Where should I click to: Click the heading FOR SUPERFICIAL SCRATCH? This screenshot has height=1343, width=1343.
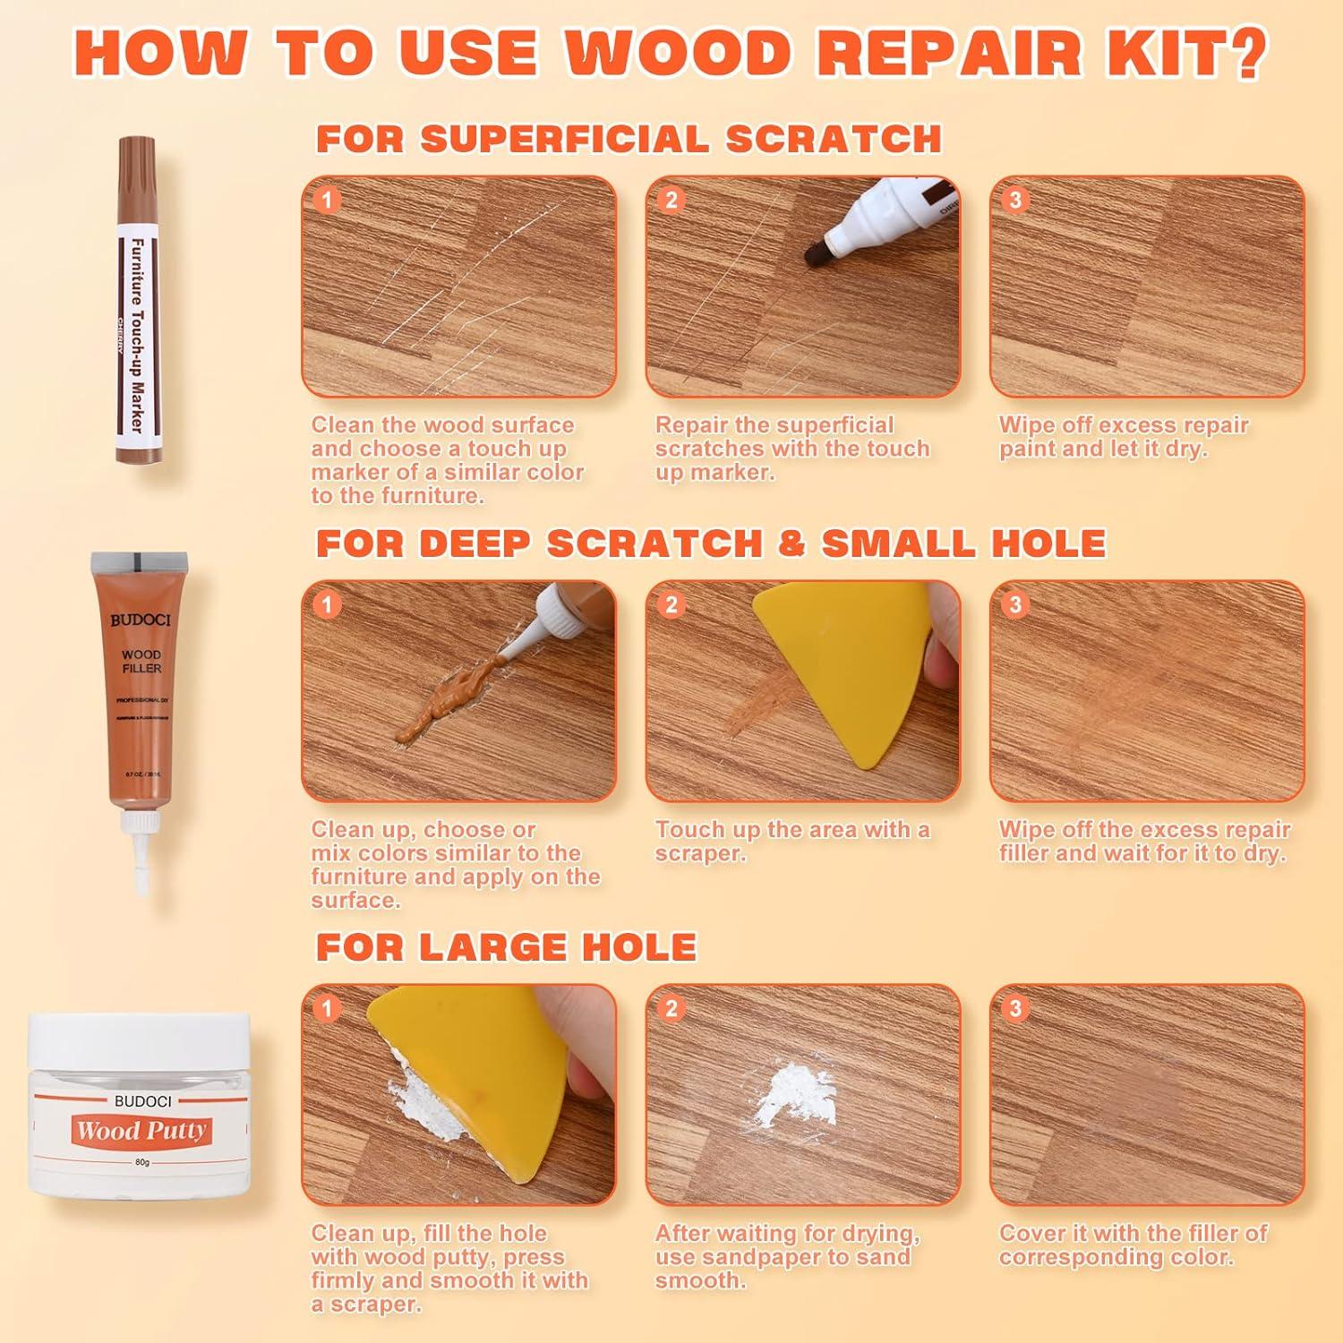pyautogui.click(x=629, y=140)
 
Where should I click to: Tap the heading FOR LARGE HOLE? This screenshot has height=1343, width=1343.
pyautogui.click(x=506, y=947)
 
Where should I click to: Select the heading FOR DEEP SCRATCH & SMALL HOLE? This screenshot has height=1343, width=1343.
pyautogui.click(x=711, y=543)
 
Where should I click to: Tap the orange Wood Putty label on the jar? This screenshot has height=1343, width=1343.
pyautogui.click(x=141, y=1130)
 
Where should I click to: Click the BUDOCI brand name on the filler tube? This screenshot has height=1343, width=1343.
pyautogui.click(x=141, y=620)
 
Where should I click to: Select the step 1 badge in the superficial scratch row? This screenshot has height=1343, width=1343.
pyautogui.click(x=327, y=200)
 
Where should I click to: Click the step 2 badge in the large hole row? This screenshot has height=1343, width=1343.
pyautogui.click(x=671, y=1009)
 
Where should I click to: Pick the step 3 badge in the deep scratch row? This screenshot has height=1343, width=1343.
pyautogui.click(x=1014, y=604)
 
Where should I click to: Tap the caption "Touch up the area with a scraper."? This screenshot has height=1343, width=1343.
pyautogui.click(x=791, y=841)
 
